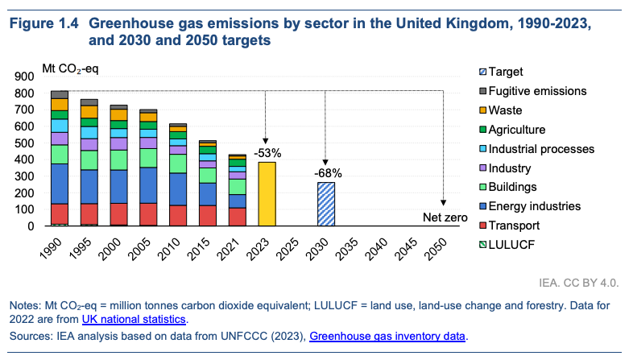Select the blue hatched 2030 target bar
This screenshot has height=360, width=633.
[325, 204]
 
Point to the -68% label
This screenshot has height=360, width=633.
[325, 172]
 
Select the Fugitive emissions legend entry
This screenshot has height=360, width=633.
[537, 91]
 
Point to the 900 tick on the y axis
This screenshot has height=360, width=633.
[25, 77]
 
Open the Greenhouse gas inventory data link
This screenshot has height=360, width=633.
[387, 335]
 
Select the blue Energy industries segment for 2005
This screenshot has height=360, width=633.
[148, 184]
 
